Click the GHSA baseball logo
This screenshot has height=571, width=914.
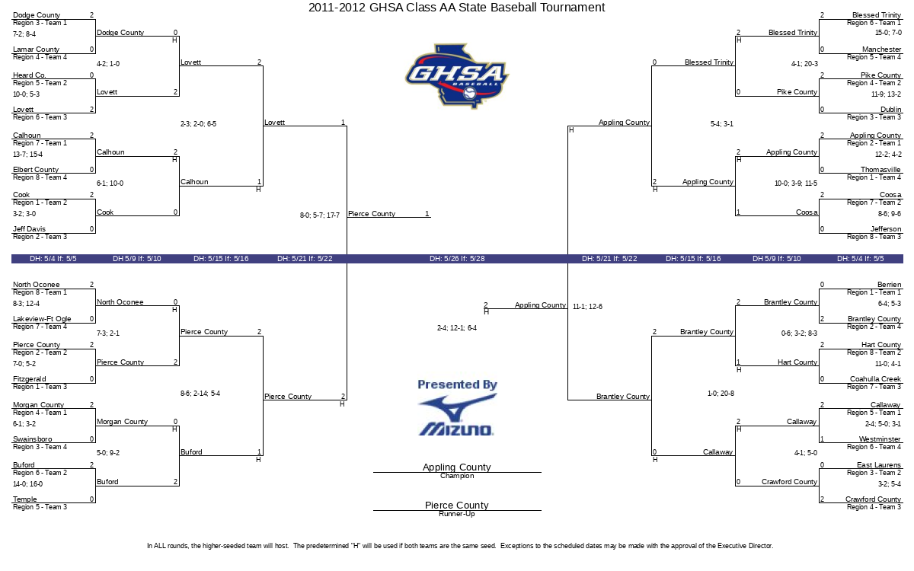(457, 76)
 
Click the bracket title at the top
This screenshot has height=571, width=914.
(456, 8)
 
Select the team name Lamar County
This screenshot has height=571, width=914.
(36, 49)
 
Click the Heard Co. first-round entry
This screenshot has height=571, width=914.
(30, 75)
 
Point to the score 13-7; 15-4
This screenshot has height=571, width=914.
(27, 154)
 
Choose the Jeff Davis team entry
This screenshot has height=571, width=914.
(29, 229)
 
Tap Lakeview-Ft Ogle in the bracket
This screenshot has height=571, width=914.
(42, 318)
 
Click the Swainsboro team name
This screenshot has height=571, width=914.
(32, 439)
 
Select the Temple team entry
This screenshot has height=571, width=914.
(24, 499)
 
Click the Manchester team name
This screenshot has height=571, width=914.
(881, 49)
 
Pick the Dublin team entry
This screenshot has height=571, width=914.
(890, 110)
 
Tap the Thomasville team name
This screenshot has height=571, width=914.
(880, 169)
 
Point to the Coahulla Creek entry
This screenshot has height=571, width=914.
(875, 379)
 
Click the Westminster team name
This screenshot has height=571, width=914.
(880, 439)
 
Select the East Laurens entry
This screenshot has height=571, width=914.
(879, 465)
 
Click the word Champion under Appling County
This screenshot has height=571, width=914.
(457, 476)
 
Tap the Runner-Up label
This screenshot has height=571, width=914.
(457, 514)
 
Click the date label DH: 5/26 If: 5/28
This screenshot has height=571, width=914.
(457, 259)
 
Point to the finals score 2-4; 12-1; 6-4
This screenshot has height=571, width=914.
(456, 328)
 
